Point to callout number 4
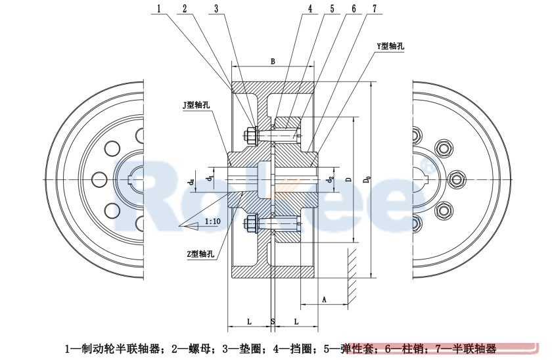point(310,9)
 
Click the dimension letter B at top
point(272,61)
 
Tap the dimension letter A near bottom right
point(325,299)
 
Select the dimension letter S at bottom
point(272,321)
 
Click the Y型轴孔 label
point(390,46)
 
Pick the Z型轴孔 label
point(200,254)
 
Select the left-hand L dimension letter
point(249,321)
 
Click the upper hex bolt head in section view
point(249,136)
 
